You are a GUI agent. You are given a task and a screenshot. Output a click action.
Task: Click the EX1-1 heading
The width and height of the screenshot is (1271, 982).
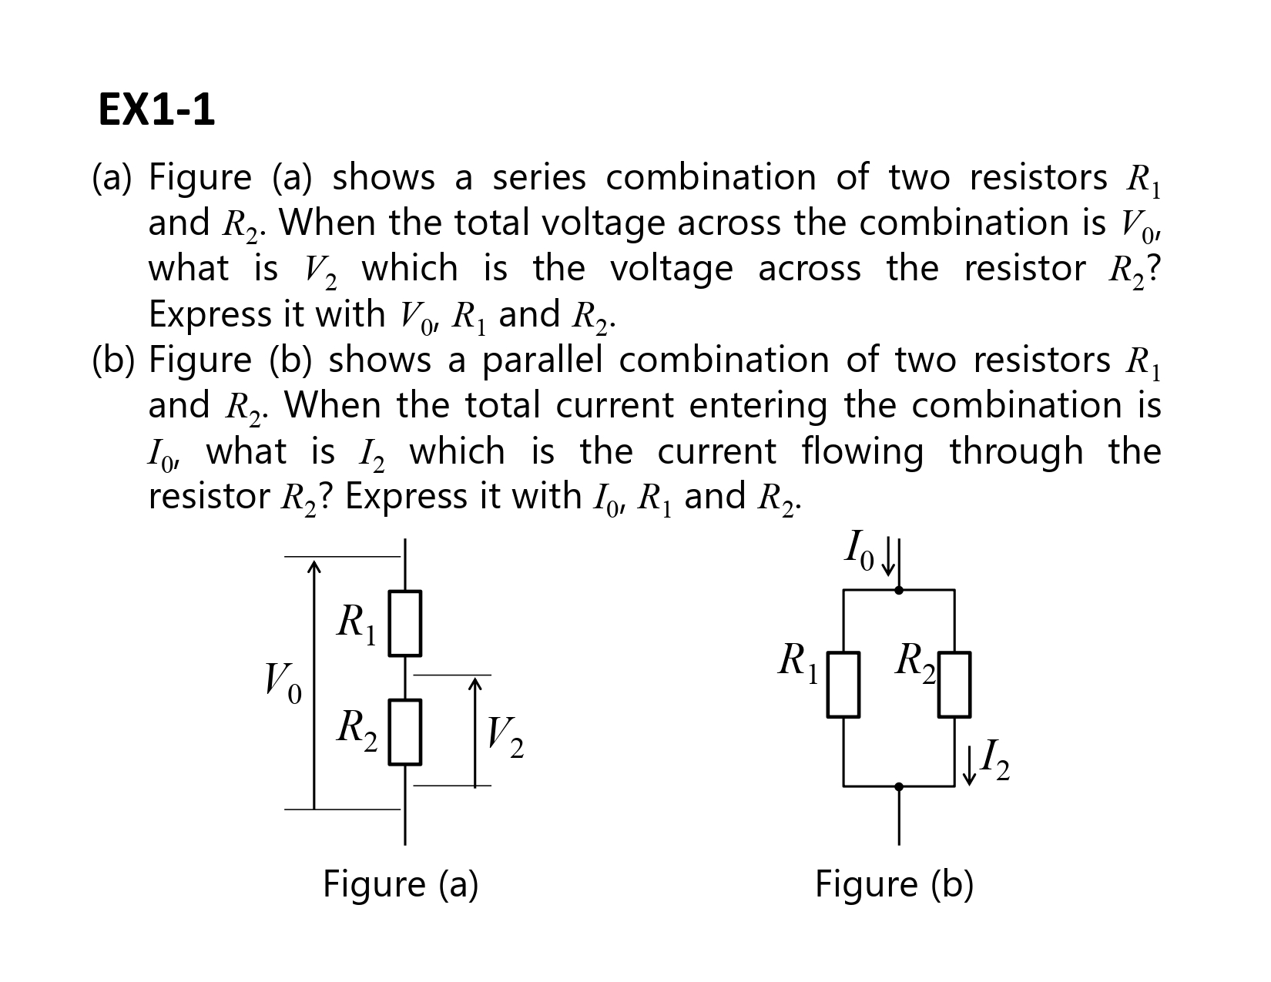[x=156, y=110]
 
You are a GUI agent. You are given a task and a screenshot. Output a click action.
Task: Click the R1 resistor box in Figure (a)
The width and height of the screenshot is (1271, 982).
[x=404, y=623]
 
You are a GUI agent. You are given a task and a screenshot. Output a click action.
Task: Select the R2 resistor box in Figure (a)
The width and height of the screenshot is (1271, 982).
[x=404, y=732]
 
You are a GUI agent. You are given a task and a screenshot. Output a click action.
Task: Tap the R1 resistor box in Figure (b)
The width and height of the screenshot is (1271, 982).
[x=843, y=685]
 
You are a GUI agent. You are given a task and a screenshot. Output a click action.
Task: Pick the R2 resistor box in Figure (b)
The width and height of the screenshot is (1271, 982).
[x=954, y=685]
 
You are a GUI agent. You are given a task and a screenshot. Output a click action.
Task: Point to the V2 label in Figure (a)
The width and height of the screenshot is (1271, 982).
[x=505, y=738]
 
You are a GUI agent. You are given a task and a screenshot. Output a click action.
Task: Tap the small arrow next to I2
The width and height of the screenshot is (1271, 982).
[x=970, y=765]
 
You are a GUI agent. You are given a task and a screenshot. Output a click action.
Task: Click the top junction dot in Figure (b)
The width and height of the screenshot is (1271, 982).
[x=899, y=590]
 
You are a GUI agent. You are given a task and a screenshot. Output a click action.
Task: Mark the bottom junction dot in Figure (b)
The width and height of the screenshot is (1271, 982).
[x=899, y=786]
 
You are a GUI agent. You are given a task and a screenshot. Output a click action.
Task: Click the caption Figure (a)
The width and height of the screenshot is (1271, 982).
[x=401, y=884]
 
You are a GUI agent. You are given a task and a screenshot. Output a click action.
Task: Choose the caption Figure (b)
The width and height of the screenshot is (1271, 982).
[x=894, y=884]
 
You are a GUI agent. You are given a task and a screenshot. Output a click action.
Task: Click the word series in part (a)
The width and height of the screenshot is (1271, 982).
[x=538, y=178]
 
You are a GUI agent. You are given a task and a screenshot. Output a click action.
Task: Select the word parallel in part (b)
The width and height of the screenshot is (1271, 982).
[x=542, y=360]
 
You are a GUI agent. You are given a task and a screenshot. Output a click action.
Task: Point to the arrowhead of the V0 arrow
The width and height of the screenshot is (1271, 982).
[x=314, y=568]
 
